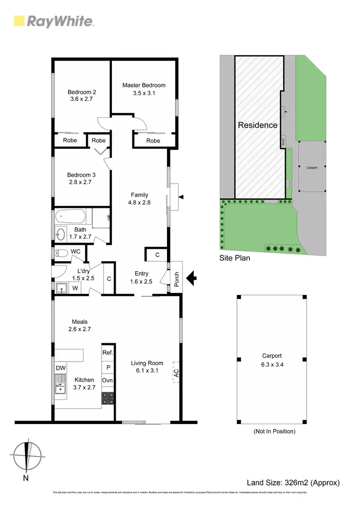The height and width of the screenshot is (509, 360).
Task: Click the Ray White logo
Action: pos(53,21)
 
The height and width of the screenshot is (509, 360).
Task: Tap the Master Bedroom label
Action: pos(144,85)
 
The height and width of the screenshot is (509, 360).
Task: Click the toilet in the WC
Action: pos(61,253)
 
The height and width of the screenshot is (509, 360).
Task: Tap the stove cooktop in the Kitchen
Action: pos(108,398)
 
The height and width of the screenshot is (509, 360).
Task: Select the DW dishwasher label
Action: pos(60,368)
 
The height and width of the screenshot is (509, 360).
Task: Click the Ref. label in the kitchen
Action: pos(108,352)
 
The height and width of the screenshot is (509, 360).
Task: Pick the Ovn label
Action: pos(108,380)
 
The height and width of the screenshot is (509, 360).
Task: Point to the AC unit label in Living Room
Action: pos(176,372)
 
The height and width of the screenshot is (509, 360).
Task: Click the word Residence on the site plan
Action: pos(258,125)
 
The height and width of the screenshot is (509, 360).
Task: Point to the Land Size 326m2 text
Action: pos(293,483)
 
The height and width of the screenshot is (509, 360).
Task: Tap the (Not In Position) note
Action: pos(274,431)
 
